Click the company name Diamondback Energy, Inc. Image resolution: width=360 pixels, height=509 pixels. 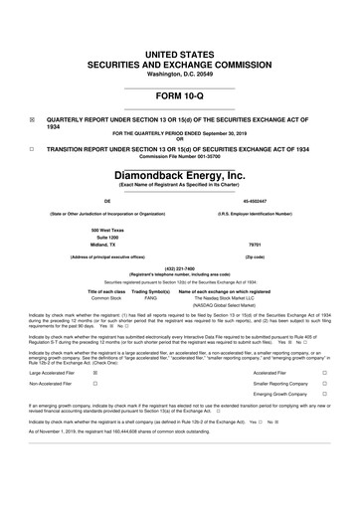click(179, 175)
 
